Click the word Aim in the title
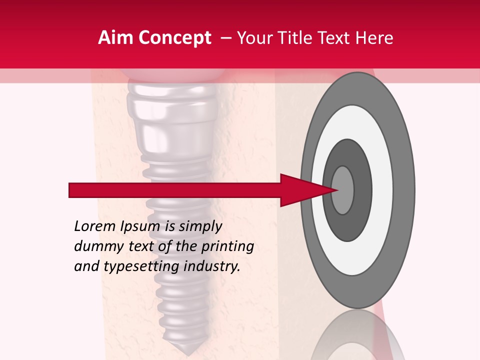(x=115, y=38)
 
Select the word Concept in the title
(x=173, y=38)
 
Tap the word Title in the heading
(x=295, y=38)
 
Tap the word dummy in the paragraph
(x=93, y=246)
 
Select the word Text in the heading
(x=335, y=38)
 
